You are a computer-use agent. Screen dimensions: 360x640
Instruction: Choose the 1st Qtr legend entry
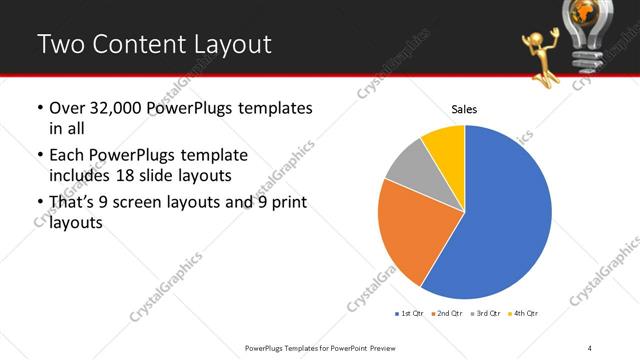pos(412,313)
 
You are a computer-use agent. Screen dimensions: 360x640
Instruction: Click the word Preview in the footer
pos(378,347)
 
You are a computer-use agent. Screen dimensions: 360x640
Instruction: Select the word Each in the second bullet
pos(68,156)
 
